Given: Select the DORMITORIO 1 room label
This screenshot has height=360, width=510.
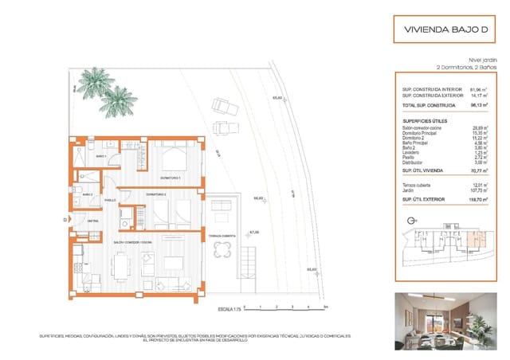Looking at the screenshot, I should pos(171,177).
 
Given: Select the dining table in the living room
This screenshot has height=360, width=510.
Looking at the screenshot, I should pos(120,264).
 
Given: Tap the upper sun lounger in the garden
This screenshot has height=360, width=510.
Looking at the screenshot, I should pos(222,106).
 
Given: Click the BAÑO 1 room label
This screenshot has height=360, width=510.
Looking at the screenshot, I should pos(101,157).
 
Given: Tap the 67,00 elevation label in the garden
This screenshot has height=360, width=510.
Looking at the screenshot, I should pos(254,233).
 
